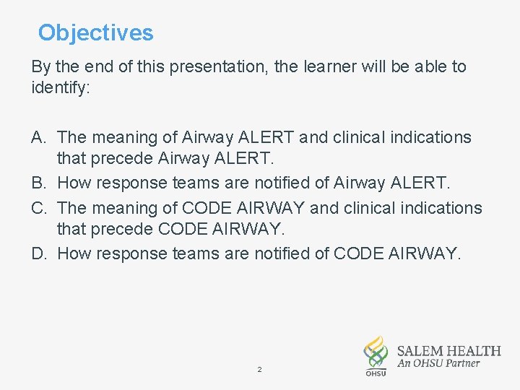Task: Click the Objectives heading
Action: pos(95,33)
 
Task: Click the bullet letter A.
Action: pos(39,137)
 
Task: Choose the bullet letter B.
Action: pos(39,183)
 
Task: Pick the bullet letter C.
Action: pos(39,208)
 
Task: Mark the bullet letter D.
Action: pos(39,254)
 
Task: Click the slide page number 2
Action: pos(259,370)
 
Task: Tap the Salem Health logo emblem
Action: pos(375,354)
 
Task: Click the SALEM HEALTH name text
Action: pos(448,351)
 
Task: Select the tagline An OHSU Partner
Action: pos(438,364)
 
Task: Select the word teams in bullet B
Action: pos(193,183)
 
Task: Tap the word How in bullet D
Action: pos(74,254)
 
